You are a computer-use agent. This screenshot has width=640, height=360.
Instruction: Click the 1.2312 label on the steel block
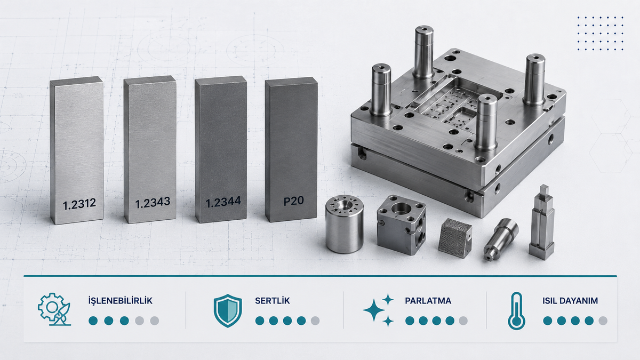[79, 204]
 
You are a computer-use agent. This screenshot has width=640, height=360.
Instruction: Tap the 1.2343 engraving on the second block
[153, 203]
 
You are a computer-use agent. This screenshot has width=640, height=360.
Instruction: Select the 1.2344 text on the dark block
[223, 202]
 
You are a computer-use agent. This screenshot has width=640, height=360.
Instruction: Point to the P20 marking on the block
[293, 201]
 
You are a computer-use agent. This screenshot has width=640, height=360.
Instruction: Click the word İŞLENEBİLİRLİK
[121, 301]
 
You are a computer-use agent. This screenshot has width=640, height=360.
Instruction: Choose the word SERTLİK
[273, 301]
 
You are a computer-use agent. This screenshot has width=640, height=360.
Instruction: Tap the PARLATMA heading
[428, 301]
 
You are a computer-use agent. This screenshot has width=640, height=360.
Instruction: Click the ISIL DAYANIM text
[570, 301]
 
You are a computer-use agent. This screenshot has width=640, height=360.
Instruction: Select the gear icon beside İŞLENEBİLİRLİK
[54, 309]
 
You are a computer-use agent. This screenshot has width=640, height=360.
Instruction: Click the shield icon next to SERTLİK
[228, 310]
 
